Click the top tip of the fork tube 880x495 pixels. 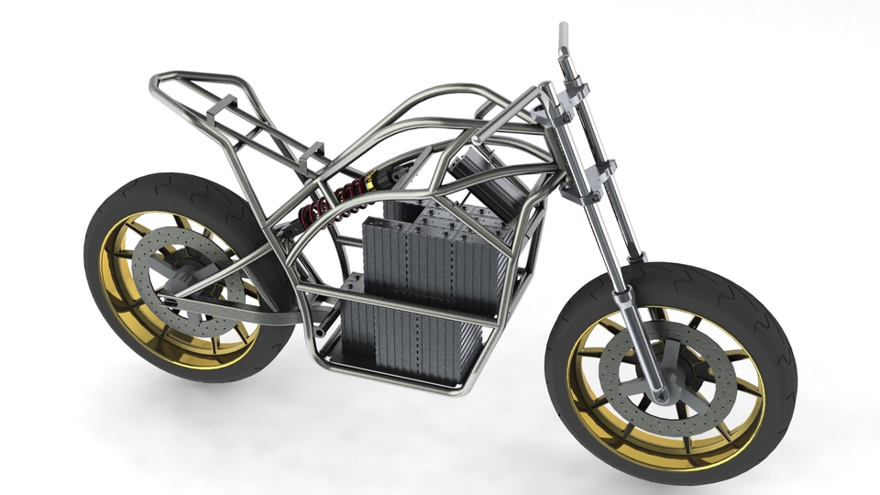pos(562,29)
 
